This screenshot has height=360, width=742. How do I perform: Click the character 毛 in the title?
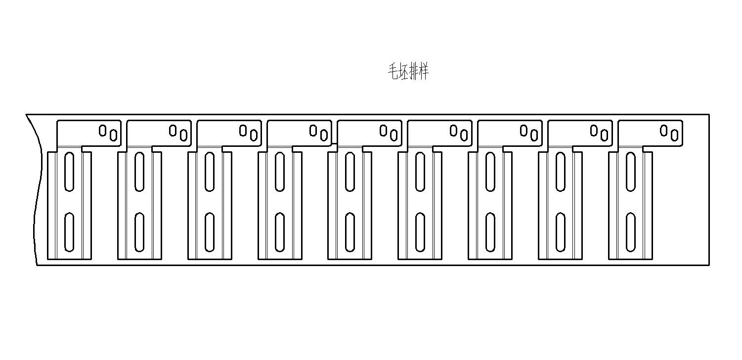pos(393,71)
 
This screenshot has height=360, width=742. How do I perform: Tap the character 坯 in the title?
pos(404,71)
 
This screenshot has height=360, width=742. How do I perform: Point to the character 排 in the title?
pos(414,71)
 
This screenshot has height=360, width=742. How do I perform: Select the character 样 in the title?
pos(424,71)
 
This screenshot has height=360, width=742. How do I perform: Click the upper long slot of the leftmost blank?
pos(69,172)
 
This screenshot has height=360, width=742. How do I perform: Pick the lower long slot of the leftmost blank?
pos(69,232)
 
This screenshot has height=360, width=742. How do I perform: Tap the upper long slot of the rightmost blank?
pos(631,172)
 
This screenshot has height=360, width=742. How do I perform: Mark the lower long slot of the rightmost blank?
pos(631,232)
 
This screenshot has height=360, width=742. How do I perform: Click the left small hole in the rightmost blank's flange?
pos(663,131)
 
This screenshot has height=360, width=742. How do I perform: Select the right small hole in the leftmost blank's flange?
pos(113,135)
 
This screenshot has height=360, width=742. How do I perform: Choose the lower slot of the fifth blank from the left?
pos(350,232)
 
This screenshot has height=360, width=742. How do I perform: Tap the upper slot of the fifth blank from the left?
pos(350,172)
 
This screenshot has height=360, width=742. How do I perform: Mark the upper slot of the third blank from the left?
pos(209,172)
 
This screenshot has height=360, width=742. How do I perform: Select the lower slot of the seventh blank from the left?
pos(490,232)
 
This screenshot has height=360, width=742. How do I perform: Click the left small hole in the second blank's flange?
pos(173,131)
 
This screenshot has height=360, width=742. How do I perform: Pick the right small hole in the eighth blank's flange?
pos(604,135)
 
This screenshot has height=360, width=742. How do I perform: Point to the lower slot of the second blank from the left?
pos(139,232)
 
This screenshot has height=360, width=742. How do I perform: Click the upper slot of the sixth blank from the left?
pos(420,172)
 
